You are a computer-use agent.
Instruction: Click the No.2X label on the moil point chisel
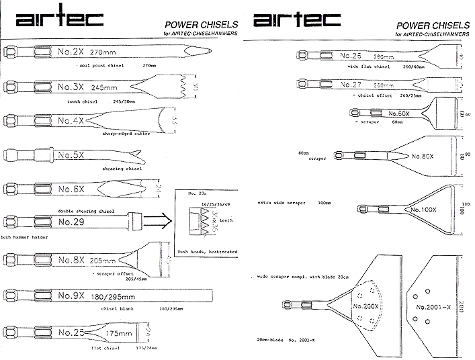coord(69,50)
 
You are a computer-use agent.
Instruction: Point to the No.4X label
coord(70,121)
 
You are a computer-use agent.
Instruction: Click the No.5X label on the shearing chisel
coord(70,155)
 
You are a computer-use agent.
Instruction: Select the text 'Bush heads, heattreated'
coord(208,251)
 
